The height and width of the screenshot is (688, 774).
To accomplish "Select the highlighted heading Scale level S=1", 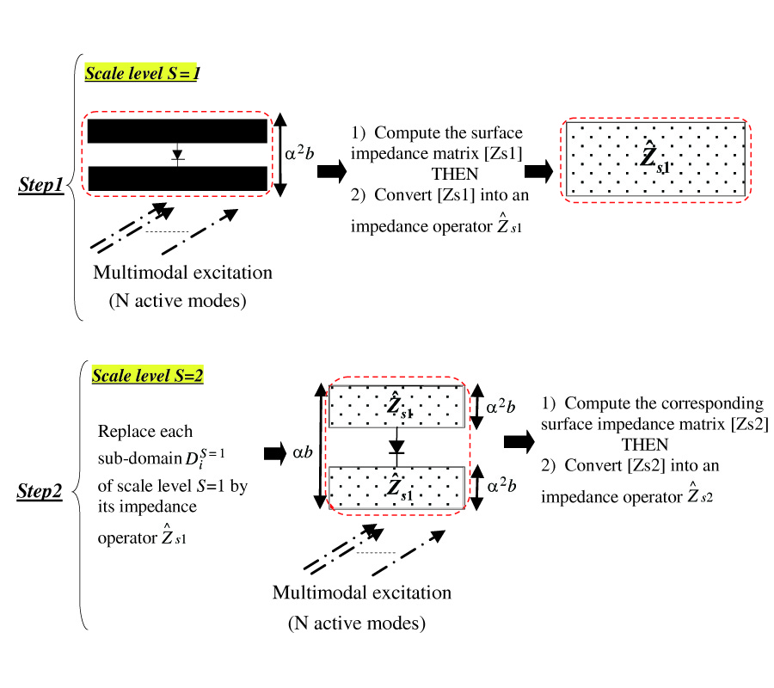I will point(142,73).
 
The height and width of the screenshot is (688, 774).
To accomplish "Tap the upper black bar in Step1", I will point(177,131).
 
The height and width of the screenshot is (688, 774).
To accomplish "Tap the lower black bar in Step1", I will point(177,178).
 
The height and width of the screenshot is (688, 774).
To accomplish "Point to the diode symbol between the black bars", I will point(177,155).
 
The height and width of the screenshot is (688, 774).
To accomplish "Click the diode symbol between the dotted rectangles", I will point(396,446).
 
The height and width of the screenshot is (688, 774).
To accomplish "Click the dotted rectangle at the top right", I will point(655,159).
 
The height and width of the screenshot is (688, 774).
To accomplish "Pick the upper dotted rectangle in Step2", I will point(396,406).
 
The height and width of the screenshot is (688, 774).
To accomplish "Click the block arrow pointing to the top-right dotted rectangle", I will point(539,172).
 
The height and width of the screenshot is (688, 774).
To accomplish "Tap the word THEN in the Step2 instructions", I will point(645,445).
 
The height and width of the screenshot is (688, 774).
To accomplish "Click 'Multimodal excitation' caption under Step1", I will point(182,273).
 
